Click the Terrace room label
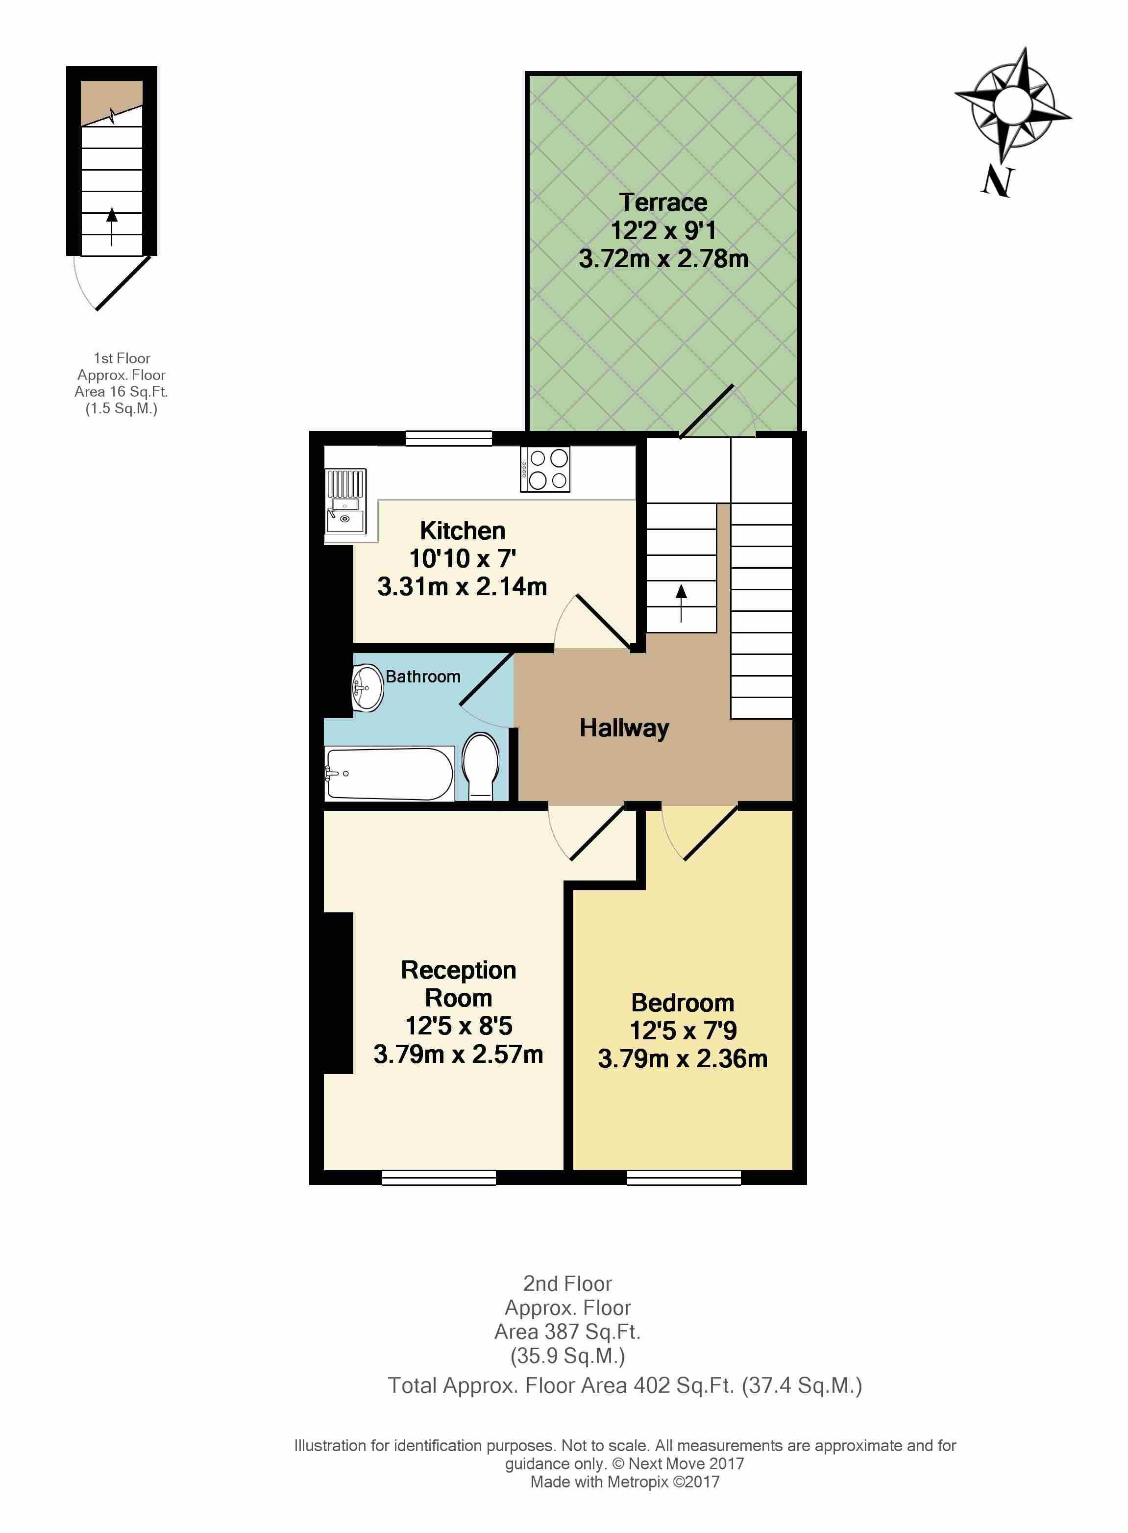(x=663, y=202)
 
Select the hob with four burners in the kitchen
(x=544, y=469)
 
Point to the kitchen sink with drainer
(x=345, y=502)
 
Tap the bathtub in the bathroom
(x=389, y=773)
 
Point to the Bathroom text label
(x=423, y=677)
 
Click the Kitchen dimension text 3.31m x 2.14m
(x=462, y=586)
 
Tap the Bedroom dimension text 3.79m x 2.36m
(x=683, y=1058)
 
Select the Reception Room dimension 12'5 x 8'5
(x=459, y=1026)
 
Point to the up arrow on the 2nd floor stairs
(x=681, y=603)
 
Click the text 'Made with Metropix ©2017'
(x=625, y=1482)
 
